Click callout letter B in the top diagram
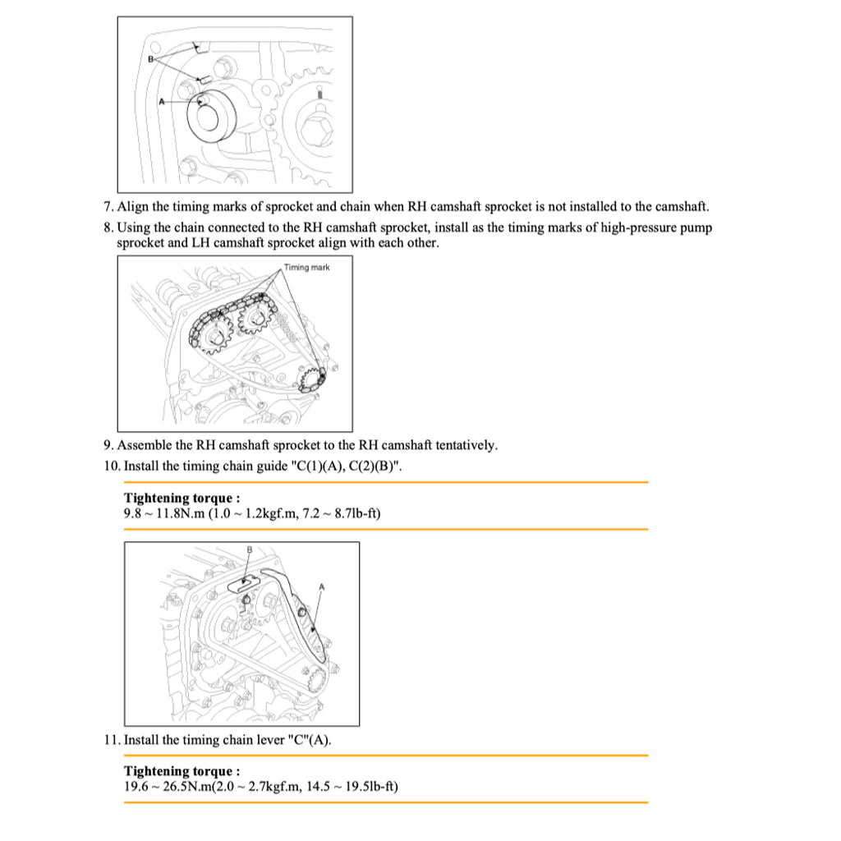[151, 60]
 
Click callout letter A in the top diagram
[162, 102]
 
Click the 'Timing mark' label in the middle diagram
[306, 268]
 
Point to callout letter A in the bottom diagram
[321, 586]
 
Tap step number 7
[108, 207]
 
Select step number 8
[108, 227]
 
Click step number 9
[108, 445]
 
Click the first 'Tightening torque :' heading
[182, 498]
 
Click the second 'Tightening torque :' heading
[182, 771]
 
